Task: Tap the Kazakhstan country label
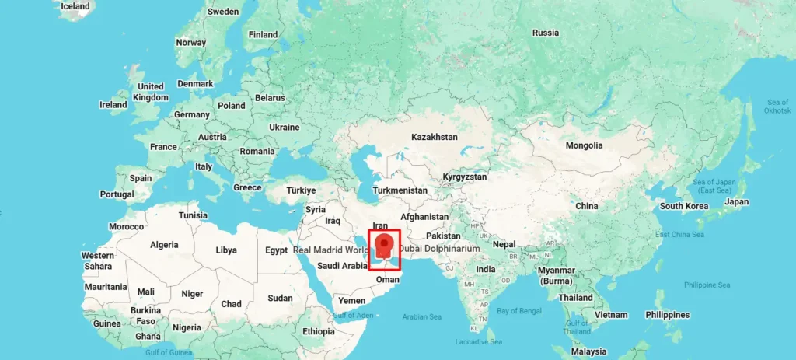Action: coord(435,137)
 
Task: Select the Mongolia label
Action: coord(584,145)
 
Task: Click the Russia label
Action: coord(545,33)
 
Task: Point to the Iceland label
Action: coord(75,6)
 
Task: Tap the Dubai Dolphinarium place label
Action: coord(439,249)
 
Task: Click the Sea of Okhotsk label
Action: coord(777,107)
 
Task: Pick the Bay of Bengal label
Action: coord(518,311)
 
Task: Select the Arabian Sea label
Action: coord(421,316)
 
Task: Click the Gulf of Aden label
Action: coord(354,315)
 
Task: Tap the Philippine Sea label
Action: coord(707,285)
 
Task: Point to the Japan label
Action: coord(736,202)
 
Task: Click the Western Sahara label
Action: coord(98,260)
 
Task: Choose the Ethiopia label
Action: coord(319,331)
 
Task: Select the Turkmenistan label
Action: coord(400,190)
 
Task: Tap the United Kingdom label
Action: coord(150,92)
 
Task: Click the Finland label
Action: coord(263,35)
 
